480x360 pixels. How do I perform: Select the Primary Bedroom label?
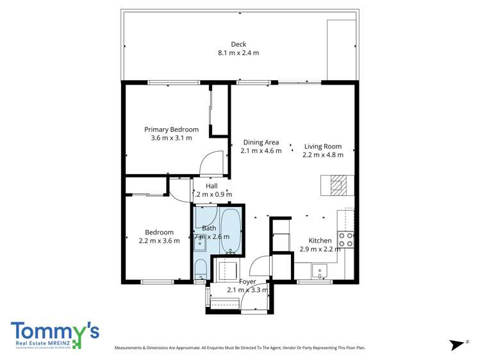[171, 129]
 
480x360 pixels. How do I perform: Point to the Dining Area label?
[261, 142]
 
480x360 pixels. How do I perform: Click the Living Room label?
[323, 146]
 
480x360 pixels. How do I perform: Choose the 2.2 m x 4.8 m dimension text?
[323, 154]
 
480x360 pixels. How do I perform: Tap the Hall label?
[211, 186]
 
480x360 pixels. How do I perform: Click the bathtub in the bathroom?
[231, 231]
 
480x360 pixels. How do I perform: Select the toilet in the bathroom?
[200, 268]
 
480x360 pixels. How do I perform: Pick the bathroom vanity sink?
[201, 242]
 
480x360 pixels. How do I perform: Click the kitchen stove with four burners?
[346, 240]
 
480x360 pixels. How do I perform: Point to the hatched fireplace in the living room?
[338, 186]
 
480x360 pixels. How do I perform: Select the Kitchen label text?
[320, 240]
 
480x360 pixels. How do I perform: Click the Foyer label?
[247, 282]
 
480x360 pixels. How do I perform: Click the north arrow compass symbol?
[458, 345]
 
